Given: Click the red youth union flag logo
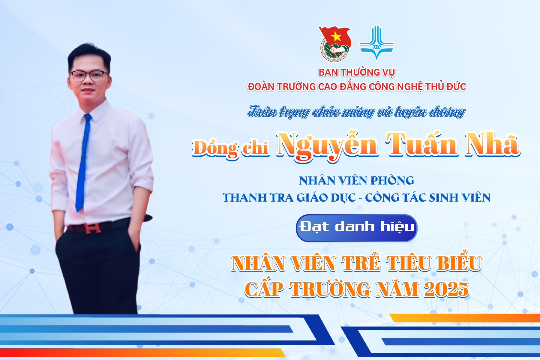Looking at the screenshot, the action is (x=335, y=44).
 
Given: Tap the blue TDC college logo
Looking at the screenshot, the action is (x=376, y=43).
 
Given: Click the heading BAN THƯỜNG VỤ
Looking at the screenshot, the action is (x=356, y=72).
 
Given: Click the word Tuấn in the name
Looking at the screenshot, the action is (x=422, y=144).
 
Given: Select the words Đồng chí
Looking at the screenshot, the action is (x=230, y=148).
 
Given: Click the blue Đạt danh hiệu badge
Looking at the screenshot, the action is (x=357, y=228).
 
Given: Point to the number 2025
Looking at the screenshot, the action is (x=446, y=289).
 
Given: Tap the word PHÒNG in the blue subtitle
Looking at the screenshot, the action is (x=392, y=181).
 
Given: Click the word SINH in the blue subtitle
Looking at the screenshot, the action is (x=443, y=198).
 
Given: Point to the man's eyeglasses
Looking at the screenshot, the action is (x=89, y=76).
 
